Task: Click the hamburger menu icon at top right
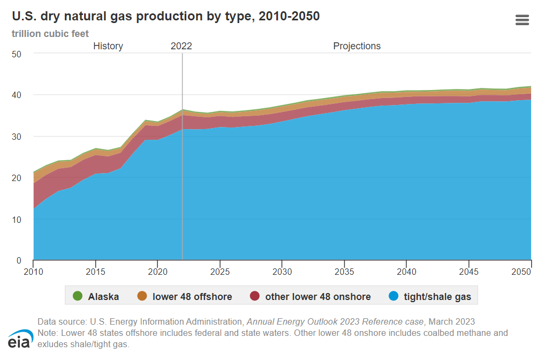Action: point(521,20)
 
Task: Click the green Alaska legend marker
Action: point(77,296)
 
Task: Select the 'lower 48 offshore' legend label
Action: point(192,296)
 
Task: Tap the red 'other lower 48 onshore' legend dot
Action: point(254,296)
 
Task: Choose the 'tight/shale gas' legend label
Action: point(437,296)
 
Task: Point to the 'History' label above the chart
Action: point(108,46)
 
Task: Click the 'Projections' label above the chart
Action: point(357,46)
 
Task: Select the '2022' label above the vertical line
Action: point(181,46)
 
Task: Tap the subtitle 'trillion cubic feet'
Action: point(50,34)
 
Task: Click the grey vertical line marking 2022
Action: point(183,161)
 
